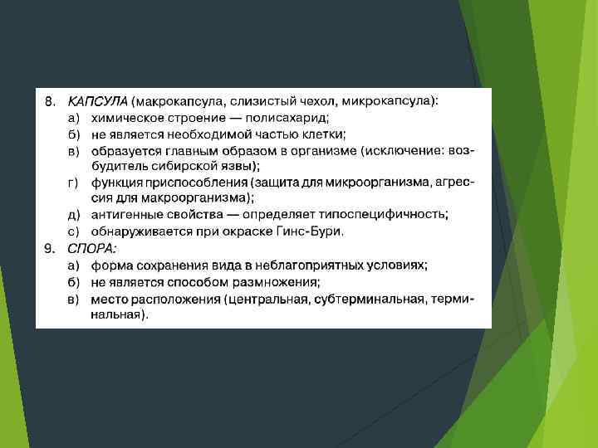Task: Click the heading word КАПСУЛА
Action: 97,101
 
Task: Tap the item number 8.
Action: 50,101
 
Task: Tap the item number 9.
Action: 50,248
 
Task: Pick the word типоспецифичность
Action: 386,214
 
